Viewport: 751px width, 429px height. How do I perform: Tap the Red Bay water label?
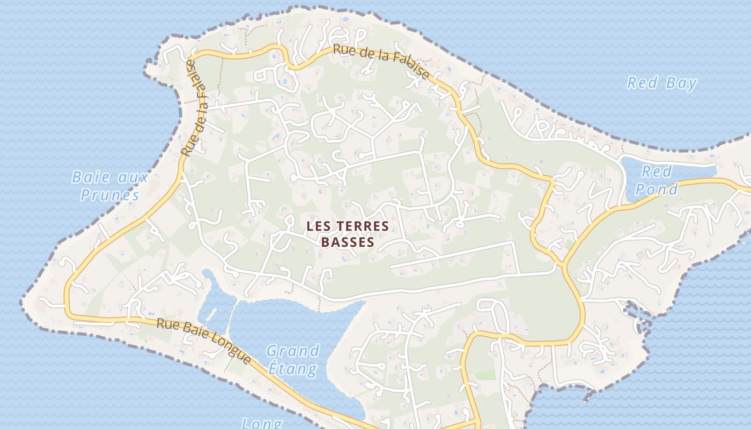pos(662,83)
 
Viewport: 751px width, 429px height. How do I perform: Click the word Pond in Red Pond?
pos(657,189)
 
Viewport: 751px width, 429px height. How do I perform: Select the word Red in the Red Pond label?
pos(657,172)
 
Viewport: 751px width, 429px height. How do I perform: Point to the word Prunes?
pos(109,195)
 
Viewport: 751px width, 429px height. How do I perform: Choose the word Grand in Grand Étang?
pos(293,351)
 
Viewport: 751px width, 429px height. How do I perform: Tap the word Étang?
pos(292,369)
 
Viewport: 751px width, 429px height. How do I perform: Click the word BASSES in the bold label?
pos(347,242)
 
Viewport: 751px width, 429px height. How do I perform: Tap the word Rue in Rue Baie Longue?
pos(166,324)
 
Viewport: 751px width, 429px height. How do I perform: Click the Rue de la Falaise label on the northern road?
pos(381,60)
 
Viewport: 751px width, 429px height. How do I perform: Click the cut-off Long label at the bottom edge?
pos(262,424)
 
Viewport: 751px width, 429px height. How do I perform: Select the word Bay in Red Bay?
pos(681,83)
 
